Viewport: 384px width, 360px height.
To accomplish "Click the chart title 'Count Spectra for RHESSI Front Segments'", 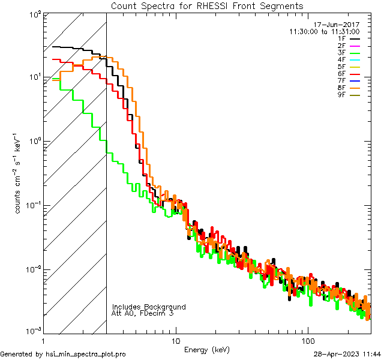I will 207,6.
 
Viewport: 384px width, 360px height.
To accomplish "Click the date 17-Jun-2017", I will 340,24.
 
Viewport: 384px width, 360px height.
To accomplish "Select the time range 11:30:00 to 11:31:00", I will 324,31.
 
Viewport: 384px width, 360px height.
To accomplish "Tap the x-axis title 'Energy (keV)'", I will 207,349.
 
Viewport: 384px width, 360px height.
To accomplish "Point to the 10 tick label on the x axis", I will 175,340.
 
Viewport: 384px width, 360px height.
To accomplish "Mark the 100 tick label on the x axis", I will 308,340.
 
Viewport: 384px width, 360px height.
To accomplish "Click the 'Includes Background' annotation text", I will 149,307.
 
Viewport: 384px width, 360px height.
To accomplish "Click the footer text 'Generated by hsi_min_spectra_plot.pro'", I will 64,355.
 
